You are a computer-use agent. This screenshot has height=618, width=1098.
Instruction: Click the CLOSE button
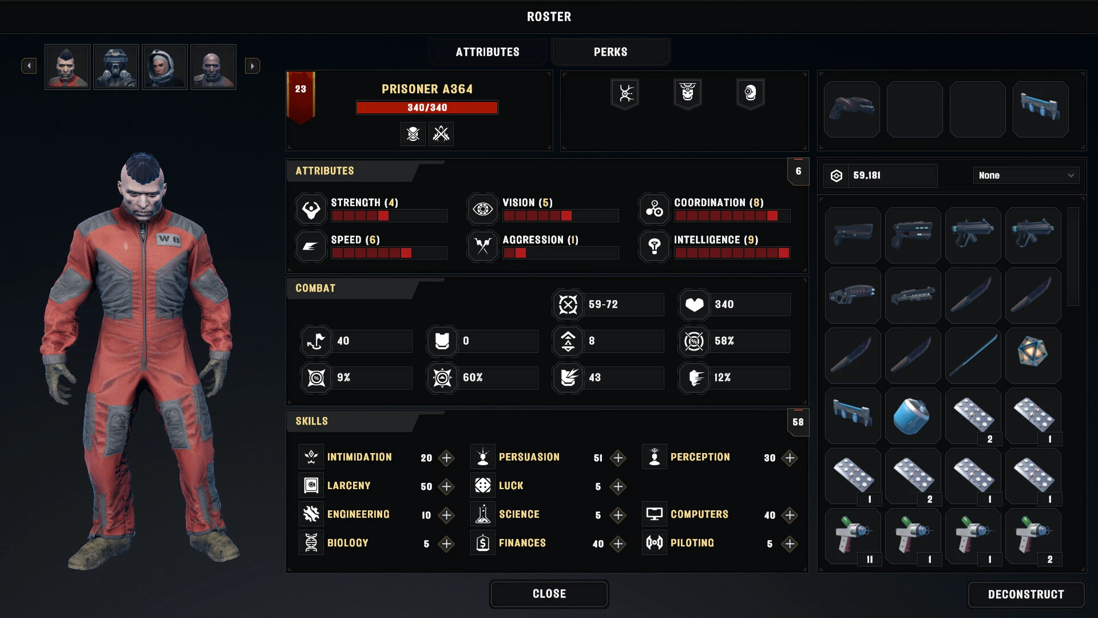click(x=549, y=594)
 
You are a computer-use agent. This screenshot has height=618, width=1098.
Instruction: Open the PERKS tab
click(x=611, y=52)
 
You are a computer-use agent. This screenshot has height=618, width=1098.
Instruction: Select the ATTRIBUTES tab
click(x=487, y=52)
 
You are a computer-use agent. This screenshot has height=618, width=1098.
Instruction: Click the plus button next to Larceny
click(x=446, y=486)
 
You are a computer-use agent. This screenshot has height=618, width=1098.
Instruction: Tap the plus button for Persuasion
click(x=618, y=458)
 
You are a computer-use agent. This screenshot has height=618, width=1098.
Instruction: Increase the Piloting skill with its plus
click(x=790, y=544)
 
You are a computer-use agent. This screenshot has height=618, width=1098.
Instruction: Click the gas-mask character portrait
click(x=116, y=67)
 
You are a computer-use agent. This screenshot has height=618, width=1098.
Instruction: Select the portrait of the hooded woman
click(x=165, y=67)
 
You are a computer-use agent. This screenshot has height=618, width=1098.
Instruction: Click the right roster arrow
click(x=252, y=66)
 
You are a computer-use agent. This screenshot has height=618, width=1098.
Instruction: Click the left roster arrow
click(x=29, y=66)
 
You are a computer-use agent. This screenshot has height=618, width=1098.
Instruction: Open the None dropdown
click(x=1026, y=175)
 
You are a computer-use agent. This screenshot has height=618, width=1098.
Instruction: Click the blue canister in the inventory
click(x=913, y=416)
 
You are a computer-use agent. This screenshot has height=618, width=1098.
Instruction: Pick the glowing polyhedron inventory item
click(x=1033, y=353)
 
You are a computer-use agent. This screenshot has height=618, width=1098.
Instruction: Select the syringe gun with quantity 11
click(x=853, y=536)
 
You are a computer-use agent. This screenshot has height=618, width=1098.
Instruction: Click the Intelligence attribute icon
click(x=655, y=246)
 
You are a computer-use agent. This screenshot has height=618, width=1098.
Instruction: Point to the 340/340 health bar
click(x=427, y=108)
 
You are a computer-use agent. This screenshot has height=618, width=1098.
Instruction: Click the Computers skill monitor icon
click(x=655, y=514)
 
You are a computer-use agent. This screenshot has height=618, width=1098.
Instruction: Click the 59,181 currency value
click(x=867, y=175)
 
